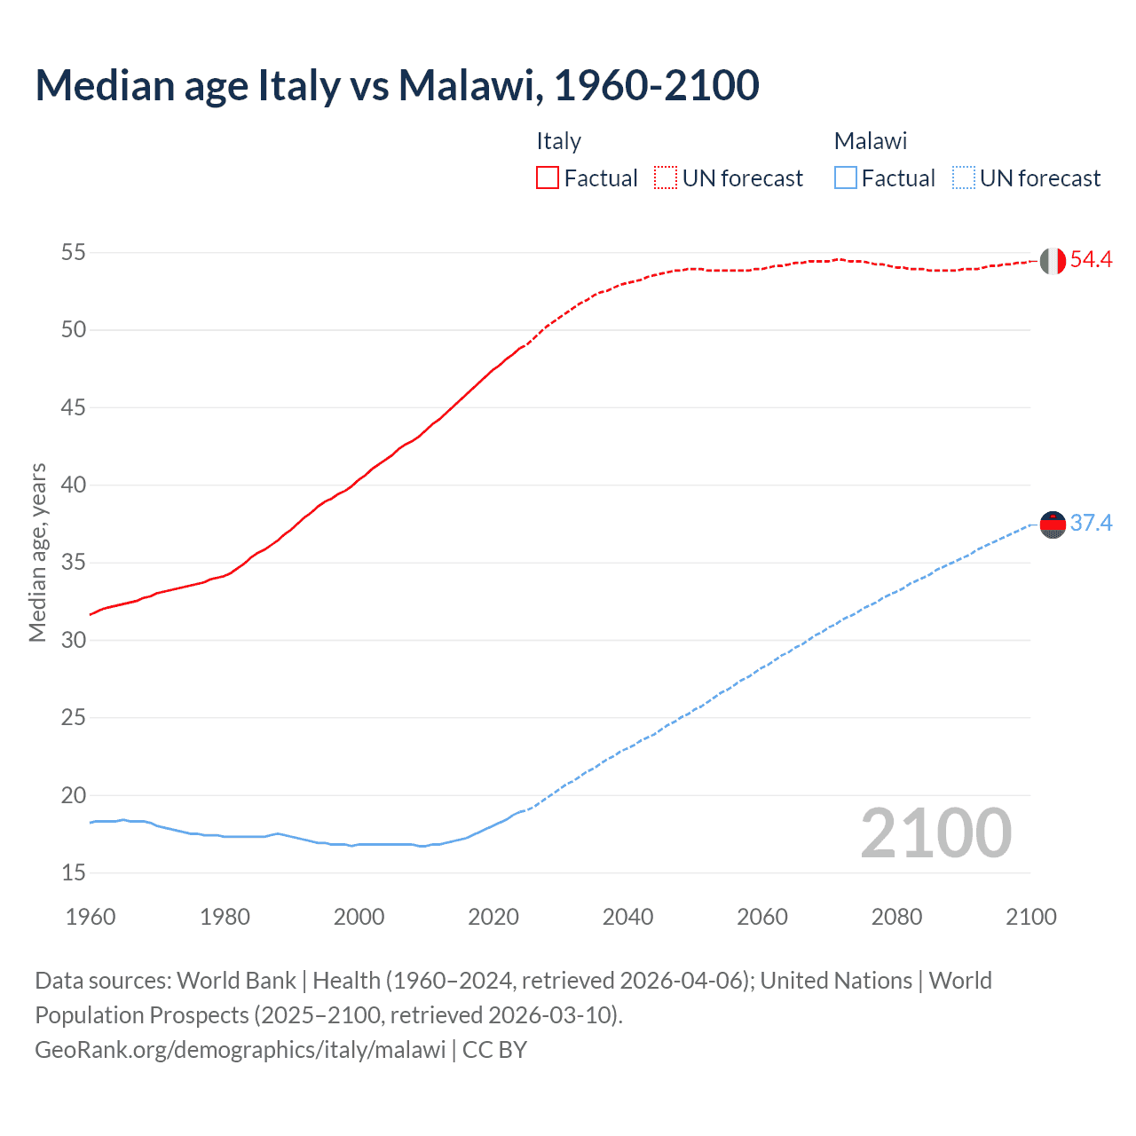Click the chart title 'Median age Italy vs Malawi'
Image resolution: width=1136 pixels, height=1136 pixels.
[x=397, y=85]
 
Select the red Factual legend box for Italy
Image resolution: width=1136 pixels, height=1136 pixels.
[x=548, y=178]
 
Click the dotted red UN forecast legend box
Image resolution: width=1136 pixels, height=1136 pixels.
[x=666, y=178]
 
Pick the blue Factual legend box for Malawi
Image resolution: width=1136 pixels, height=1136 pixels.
[x=846, y=178]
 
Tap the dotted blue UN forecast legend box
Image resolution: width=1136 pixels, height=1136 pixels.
[x=964, y=178]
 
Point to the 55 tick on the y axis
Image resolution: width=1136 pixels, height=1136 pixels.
[x=74, y=253]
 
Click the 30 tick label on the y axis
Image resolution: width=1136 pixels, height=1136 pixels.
[x=74, y=640]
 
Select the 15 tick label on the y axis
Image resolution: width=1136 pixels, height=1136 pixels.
[x=74, y=873]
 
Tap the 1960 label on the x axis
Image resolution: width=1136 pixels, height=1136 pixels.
[x=91, y=917]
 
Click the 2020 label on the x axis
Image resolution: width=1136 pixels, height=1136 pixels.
[x=493, y=917]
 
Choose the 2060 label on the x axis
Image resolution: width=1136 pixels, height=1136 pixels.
[x=762, y=917]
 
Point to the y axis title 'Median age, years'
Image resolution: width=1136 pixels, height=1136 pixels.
[x=37, y=552]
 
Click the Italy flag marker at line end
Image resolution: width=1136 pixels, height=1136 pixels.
[x=1053, y=261]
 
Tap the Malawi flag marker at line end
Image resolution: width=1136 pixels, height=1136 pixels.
[x=1053, y=525]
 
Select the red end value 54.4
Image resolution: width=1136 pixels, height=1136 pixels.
[x=1091, y=260]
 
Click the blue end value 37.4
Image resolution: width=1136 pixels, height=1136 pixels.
[x=1091, y=524]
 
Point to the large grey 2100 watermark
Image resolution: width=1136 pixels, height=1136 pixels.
[x=936, y=833]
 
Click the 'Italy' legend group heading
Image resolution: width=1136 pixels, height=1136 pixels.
[x=558, y=141]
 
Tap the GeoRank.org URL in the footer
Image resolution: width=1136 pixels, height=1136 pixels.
[x=240, y=1050]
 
